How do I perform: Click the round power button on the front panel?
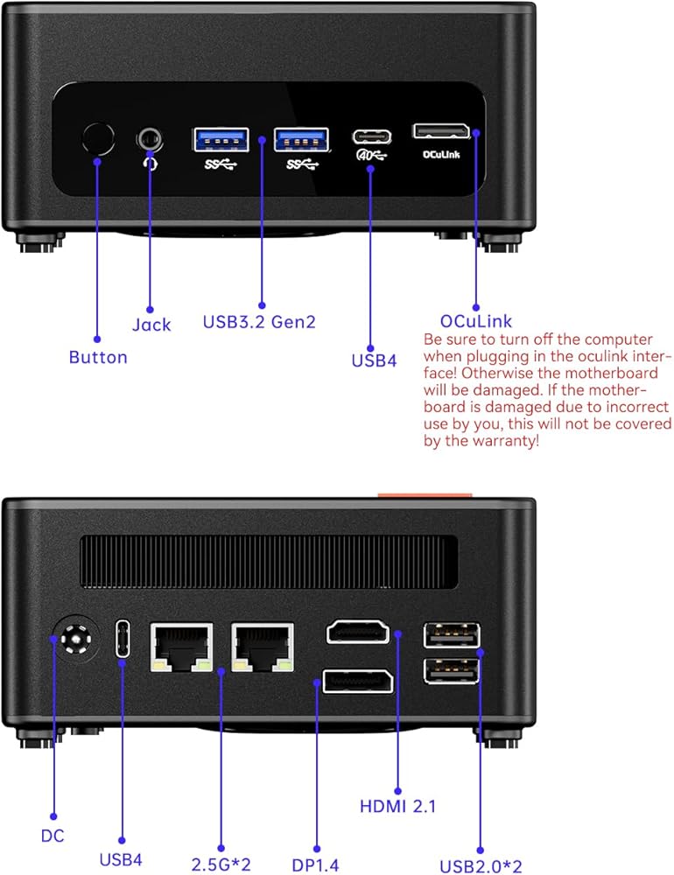pos(97,138)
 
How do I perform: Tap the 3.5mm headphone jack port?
pos(151,138)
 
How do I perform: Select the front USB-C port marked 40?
pos(372,136)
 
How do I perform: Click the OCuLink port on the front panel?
pos(441,131)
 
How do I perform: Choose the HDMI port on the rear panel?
pos(357,631)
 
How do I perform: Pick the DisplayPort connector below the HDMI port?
pos(357,680)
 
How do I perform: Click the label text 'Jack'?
pos(151,325)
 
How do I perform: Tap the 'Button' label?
pos(98,357)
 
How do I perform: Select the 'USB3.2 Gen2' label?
pos(259,322)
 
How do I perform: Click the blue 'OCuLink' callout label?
pos(477,321)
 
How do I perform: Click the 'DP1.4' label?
pos(315,864)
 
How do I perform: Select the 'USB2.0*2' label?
pos(481,866)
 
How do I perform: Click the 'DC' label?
pos(53,836)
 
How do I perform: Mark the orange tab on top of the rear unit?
pos(425,495)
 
